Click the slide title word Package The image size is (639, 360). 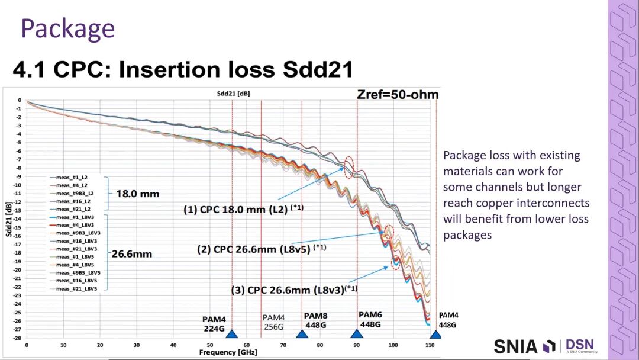pyautogui.click(x=67, y=28)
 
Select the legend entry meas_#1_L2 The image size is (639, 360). pyautogui.click(x=73, y=177)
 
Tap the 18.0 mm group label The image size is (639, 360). pyautogui.click(x=137, y=194)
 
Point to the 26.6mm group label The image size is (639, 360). pyautogui.click(x=134, y=254)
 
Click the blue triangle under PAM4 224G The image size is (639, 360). pyautogui.click(x=232, y=334)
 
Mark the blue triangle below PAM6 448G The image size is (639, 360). pyautogui.click(x=357, y=334)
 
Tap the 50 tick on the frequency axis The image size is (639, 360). pyautogui.click(x=210, y=344)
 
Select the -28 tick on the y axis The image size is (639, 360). pyautogui.click(x=18, y=337)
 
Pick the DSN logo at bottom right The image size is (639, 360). pyautogui.click(x=580, y=346)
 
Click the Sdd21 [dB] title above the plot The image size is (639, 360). pyautogui.click(x=232, y=94)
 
